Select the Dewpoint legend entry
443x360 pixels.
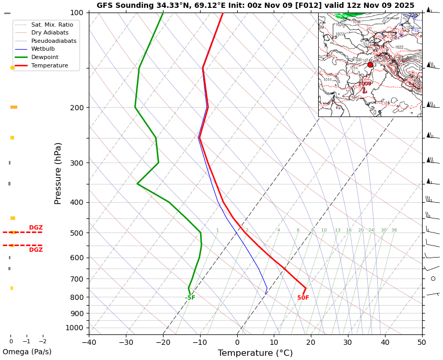click(x=45, y=57)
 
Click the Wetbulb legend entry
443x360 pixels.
click(x=45, y=49)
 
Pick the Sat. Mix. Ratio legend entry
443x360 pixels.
click(x=52, y=25)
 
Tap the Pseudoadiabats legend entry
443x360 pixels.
click(x=54, y=41)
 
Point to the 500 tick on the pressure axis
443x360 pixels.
click(x=76, y=233)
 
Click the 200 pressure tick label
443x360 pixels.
click(x=76, y=108)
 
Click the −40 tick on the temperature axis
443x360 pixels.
click(x=89, y=343)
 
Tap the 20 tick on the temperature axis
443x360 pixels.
click(x=311, y=343)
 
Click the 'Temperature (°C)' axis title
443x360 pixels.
click(x=255, y=353)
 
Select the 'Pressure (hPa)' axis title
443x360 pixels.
click(x=58, y=173)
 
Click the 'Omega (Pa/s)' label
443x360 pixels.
click(x=27, y=352)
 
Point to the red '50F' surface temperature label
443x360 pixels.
click(x=303, y=298)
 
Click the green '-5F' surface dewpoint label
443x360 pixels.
click(x=190, y=298)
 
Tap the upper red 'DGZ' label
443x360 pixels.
click(x=36, y=228)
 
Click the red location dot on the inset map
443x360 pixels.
click(x=370, y=65)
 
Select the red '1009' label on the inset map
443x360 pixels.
click(x=365, y=84)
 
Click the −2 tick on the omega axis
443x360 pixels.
click(x=42, y=342)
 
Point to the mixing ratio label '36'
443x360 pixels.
click(x=394, y=230)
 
